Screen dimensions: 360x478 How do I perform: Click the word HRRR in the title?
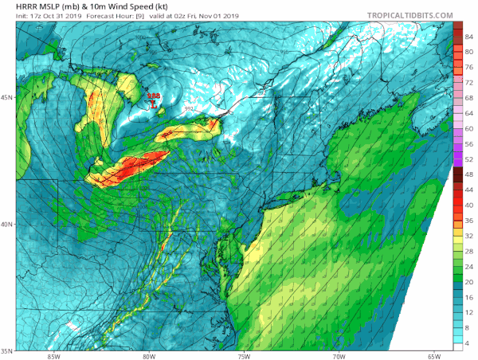pyautogui.click(x=16, y=6)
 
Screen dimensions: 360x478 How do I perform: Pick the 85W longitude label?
pyautogui.click(x=53, y=356)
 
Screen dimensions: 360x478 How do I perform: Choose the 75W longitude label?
pyautogui.click(x=244, y=356)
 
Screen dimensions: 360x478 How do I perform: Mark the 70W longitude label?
pyautogui.click(x=339, y=356)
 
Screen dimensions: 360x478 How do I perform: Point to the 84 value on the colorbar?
pyautogui.click(x=470, y=36)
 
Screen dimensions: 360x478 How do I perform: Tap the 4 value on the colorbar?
pyautogui.click(x=468, y=342)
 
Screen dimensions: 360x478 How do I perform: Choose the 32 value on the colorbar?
pyautogui.click(x=470, y=235)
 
